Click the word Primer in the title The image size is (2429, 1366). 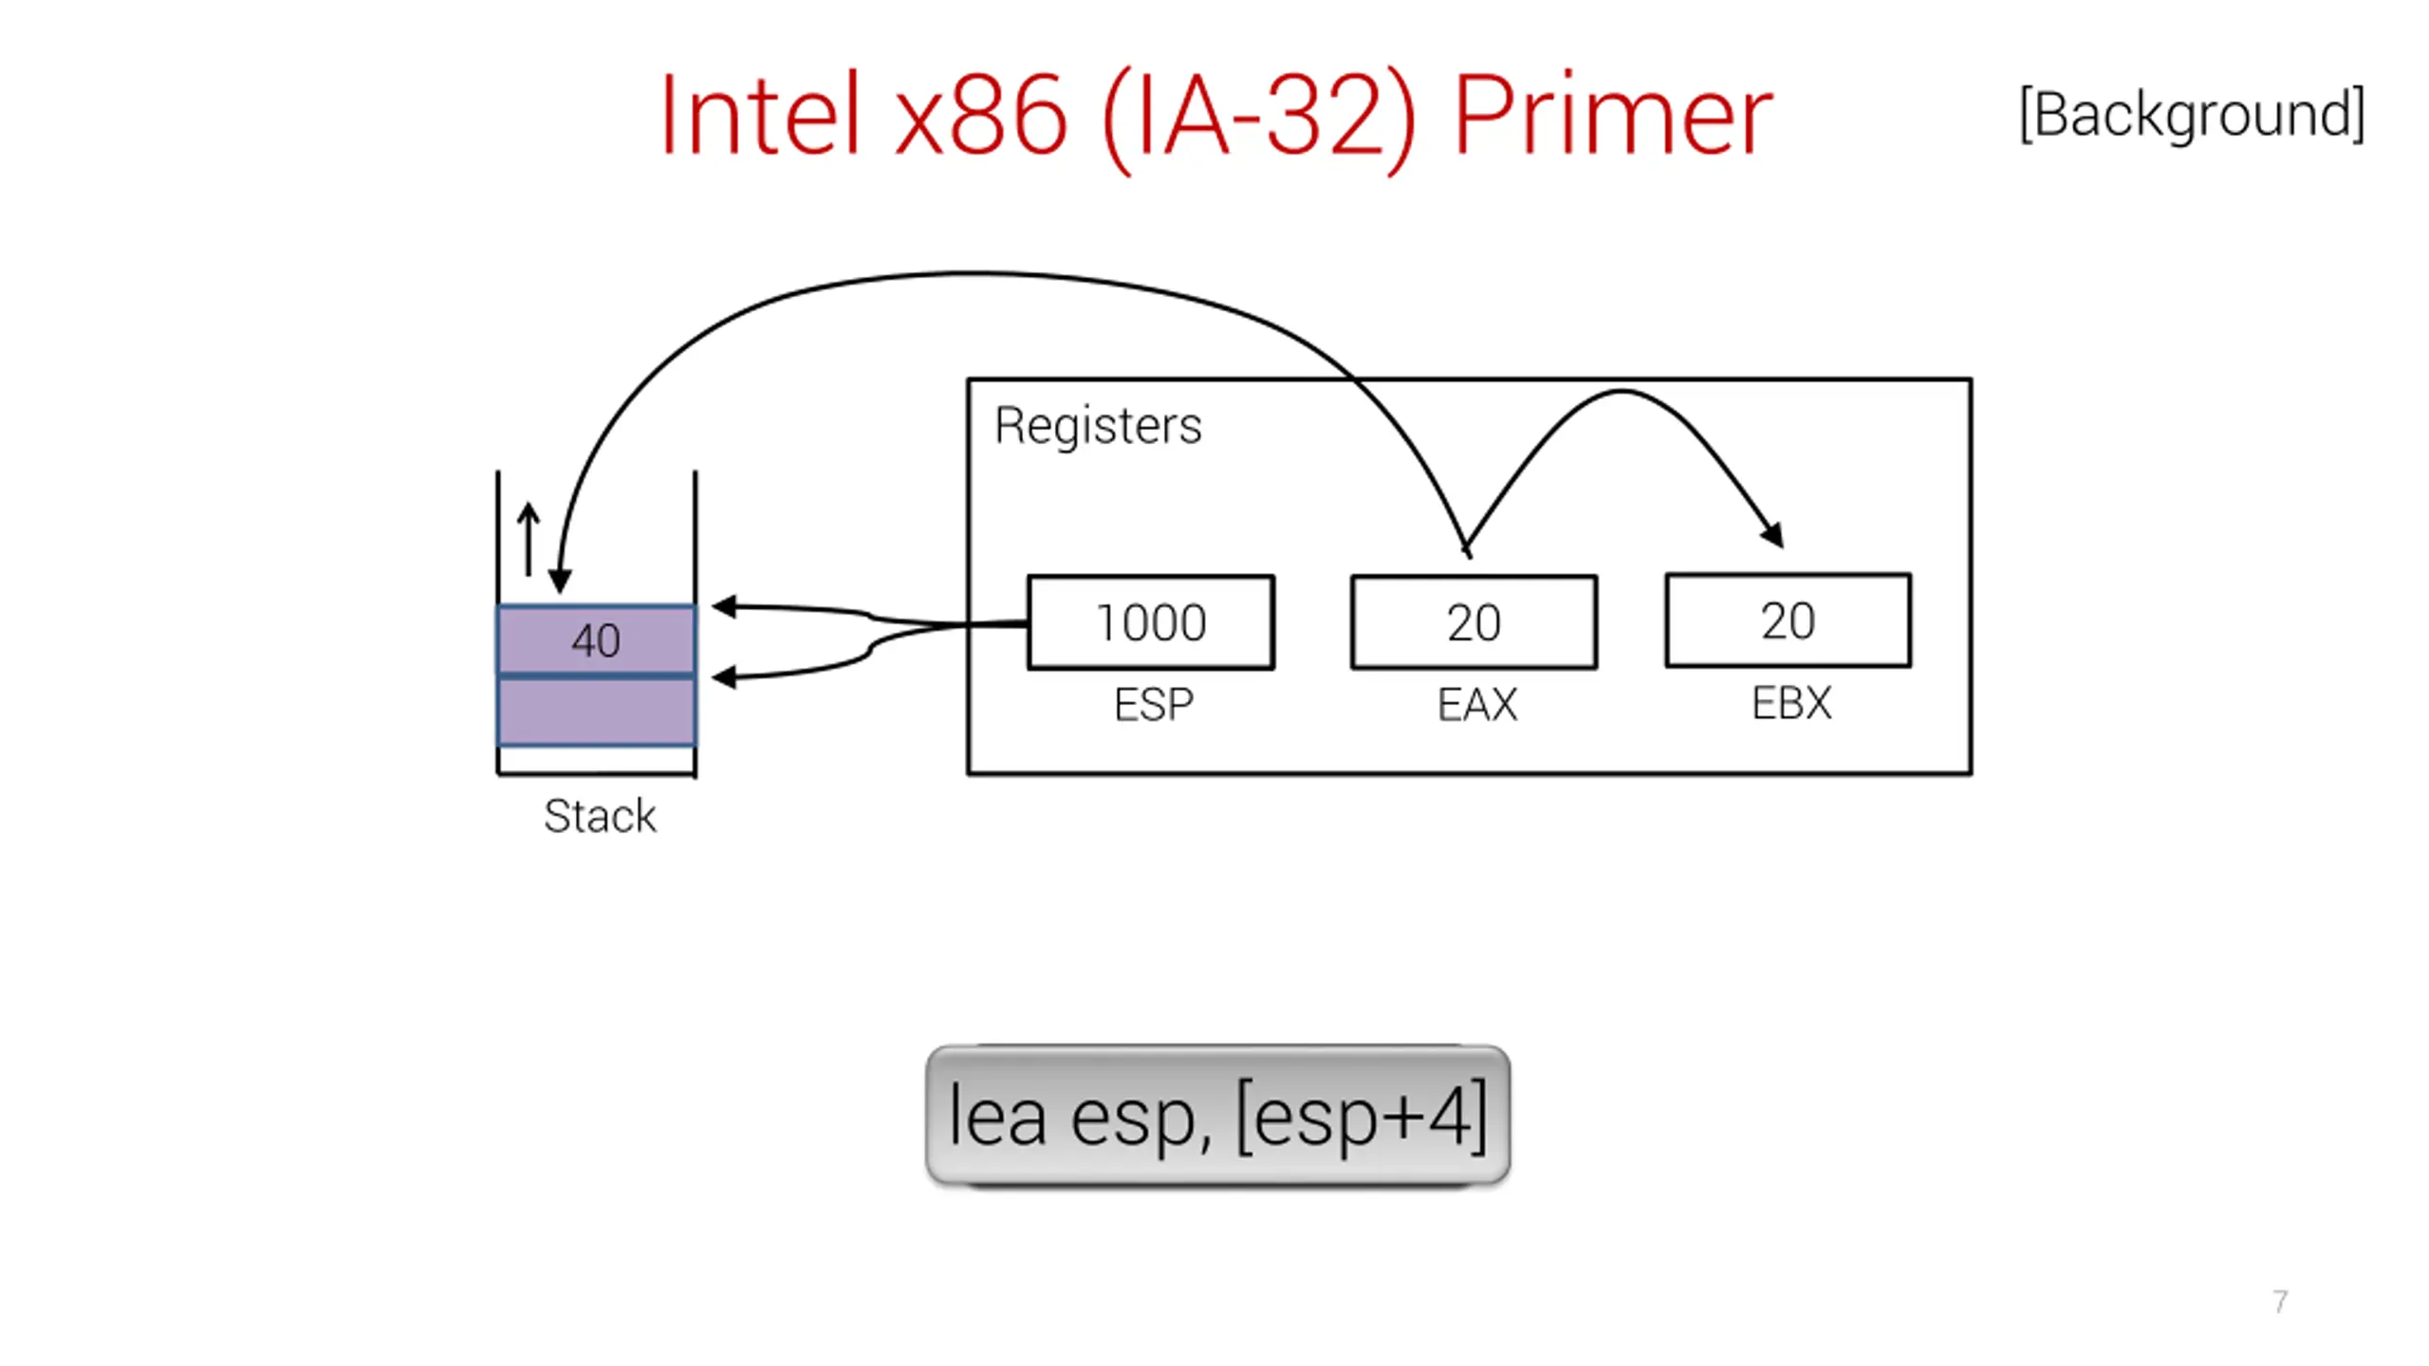[1613, 116]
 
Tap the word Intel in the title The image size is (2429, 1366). [760, 116]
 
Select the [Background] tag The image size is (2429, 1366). [2192, 115]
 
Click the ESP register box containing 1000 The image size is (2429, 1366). [1151, 622]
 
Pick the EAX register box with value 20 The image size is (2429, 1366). [1474, 622]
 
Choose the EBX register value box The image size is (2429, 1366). [1789, 620]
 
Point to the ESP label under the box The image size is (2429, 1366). [1153, 705]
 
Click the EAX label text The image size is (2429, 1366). [1477, 705]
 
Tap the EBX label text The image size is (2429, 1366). [1791, 703]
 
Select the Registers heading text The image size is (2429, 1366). [1098, 426]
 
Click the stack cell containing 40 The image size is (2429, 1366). [597, 640]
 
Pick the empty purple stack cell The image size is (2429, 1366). [597, 711]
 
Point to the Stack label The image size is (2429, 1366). [600, 816]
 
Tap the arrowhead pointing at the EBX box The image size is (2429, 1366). [1772, 534]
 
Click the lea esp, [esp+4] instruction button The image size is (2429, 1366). [1217, 1116]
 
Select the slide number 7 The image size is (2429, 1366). [2280, 1301]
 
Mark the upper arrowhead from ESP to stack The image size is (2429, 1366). [724, 606]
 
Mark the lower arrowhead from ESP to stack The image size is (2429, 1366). [724, 676]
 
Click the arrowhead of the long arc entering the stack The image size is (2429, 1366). [560, 581]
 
